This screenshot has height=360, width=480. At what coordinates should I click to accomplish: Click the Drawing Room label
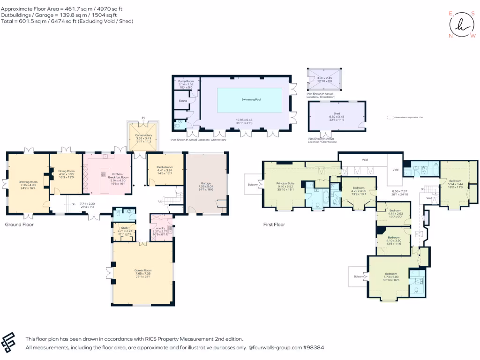click(x=28, y=182)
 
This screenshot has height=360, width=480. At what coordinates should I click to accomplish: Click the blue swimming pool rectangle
click(x=249, y=100)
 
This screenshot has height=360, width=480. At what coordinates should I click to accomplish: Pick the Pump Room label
click(x=186, y=82)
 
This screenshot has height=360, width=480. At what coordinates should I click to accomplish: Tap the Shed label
click(x=337, y=113)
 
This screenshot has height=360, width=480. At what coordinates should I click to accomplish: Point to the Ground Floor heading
click(x=19, y=225)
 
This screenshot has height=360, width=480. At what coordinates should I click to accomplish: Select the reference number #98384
click(x=314, y=348)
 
